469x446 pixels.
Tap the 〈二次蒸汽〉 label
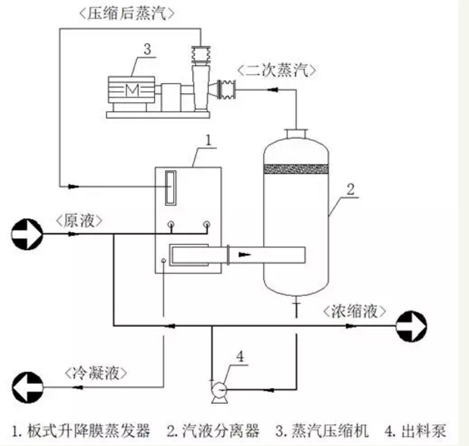pos(276,70)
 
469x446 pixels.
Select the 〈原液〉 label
pos(79,219)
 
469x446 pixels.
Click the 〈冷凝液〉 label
pos(95,373)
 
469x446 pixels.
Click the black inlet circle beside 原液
pos(26,234)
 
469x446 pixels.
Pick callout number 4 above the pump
pos(241,355)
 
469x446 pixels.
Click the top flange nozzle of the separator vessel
pos(296,134)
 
